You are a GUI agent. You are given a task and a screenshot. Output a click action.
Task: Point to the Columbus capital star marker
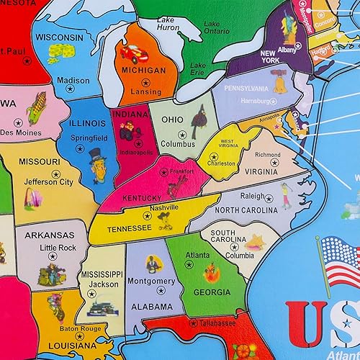click(179, 135)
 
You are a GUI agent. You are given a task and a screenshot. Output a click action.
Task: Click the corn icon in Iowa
click(36, 109)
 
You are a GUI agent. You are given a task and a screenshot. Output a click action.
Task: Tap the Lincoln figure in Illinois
click(98, 165)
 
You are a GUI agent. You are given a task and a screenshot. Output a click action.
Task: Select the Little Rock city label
click(58, 248)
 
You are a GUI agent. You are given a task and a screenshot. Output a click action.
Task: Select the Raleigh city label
click(253, 195)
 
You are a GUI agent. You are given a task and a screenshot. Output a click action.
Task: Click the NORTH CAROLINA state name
click(247, 210)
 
